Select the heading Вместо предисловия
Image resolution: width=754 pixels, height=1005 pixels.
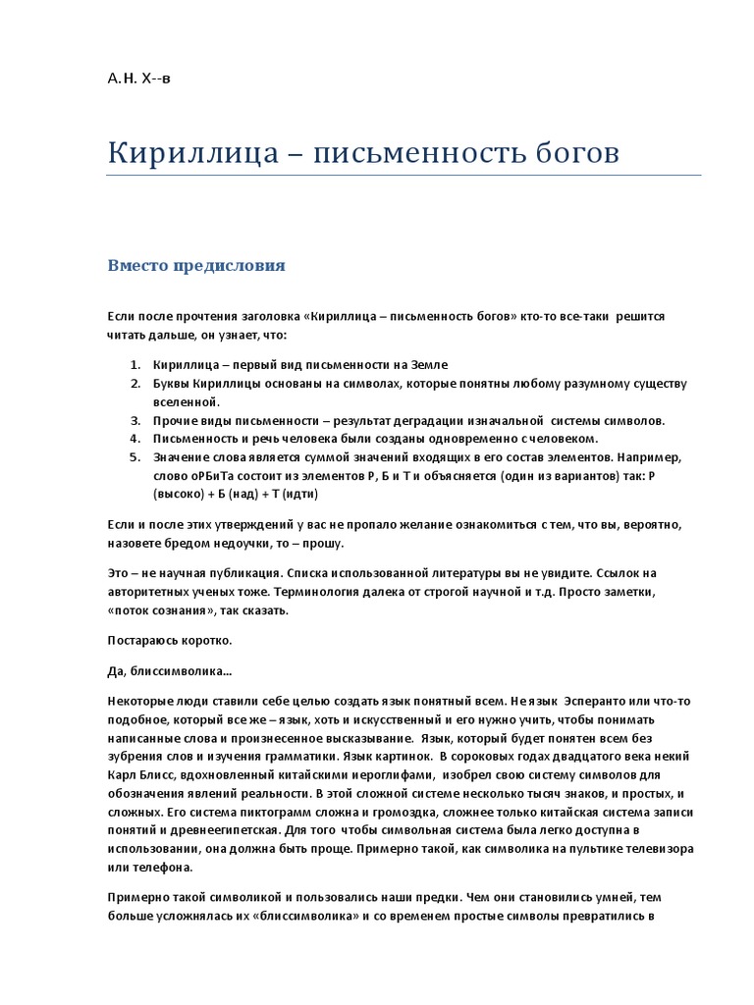[196, 265]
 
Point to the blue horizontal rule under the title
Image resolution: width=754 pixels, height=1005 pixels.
[404, 176]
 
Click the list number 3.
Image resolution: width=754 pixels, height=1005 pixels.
[135, 420]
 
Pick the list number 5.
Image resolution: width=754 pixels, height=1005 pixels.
[135, 457]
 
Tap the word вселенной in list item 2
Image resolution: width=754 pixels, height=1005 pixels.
[185, 401]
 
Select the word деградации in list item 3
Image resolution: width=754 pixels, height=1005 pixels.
[415, 420]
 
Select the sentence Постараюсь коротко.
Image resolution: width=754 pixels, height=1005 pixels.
[169, 640]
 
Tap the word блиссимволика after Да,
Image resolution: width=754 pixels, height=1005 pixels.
[184, 671]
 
